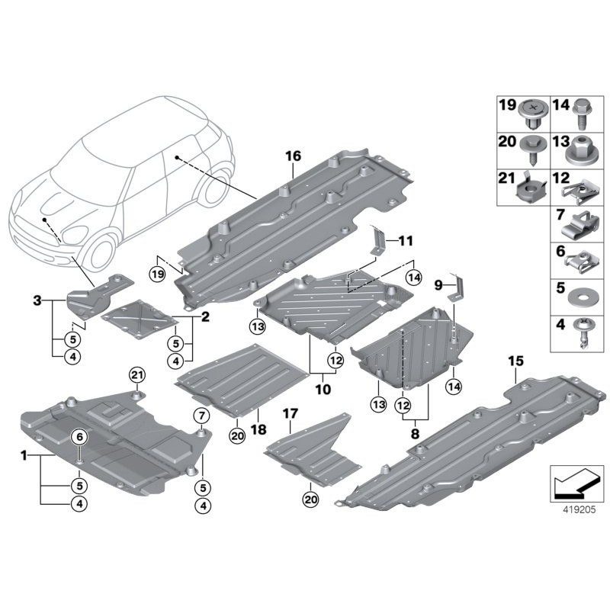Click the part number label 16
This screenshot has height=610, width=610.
[294, 156]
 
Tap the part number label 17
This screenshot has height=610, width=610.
[290, 414]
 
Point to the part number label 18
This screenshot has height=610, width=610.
[258, 430]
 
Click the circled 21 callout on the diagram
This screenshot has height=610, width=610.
[136, 374]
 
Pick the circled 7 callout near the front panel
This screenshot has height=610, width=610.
[201, 416]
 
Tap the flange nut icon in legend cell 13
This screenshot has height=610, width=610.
[581, 152]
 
